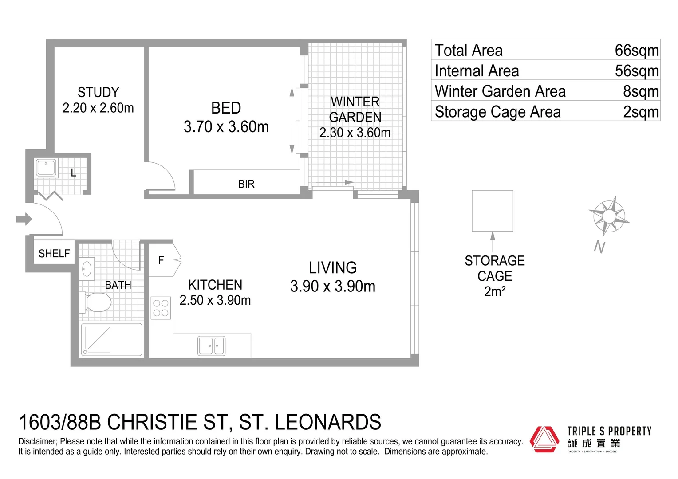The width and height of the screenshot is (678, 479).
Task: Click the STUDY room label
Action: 98,93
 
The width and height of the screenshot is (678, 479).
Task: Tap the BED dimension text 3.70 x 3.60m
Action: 226,127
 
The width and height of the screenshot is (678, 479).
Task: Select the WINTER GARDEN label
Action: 355,110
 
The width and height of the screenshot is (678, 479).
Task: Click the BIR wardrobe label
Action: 246,184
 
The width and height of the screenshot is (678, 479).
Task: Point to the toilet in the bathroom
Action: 96,302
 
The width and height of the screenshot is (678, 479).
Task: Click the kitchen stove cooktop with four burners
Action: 161,308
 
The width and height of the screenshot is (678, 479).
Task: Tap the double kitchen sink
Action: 211,346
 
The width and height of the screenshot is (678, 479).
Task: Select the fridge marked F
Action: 161,260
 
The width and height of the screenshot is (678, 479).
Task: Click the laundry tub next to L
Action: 46,168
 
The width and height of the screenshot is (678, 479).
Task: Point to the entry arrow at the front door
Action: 24,219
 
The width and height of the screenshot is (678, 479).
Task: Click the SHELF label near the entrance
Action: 54,254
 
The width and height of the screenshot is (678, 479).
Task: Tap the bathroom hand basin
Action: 87,268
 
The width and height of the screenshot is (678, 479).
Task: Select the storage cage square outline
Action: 492,211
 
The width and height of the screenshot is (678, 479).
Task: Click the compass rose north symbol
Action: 609,216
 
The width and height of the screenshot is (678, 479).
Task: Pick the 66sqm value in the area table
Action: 636,51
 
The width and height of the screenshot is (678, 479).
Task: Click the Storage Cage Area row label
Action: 497,112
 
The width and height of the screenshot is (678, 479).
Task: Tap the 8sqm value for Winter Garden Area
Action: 640,91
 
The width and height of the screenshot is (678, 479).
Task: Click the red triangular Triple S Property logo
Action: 545,439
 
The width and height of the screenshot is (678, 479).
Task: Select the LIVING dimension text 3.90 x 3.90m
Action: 333,287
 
